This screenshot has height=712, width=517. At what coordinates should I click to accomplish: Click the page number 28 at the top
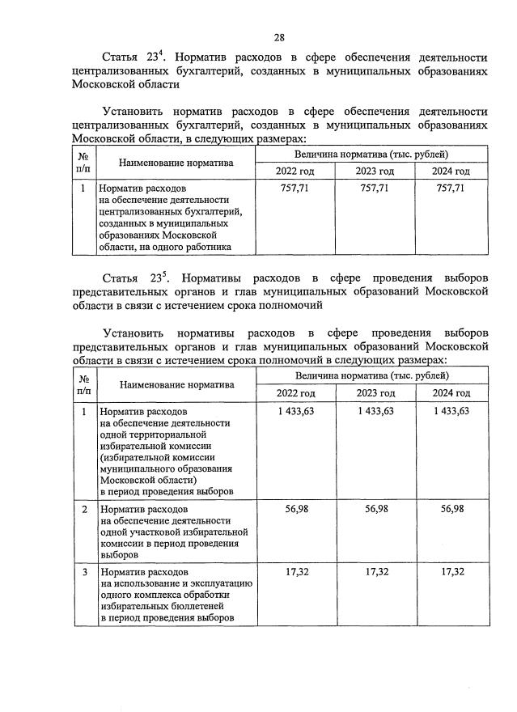coord(278,37)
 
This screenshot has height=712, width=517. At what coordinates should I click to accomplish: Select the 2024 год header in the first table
coord(450,171)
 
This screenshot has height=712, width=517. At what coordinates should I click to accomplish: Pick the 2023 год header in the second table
coord(374,392)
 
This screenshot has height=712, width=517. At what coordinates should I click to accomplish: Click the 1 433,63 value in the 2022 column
coord(295,411)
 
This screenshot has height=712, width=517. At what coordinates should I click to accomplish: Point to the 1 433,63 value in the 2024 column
coord(451,411)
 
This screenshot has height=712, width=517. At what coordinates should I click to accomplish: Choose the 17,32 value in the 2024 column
coord(451,571)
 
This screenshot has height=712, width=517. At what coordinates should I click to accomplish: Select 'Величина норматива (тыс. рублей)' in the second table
coord(371,375)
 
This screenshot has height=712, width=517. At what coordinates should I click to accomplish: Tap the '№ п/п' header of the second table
coord(84,384)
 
